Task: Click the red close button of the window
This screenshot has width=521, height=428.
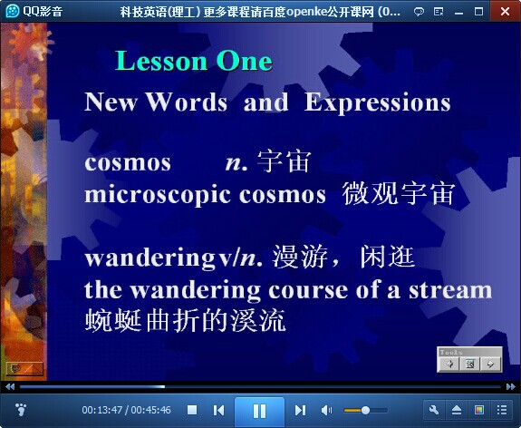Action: [x=505, y=11]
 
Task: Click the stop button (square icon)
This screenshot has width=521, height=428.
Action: [x=192, y=410]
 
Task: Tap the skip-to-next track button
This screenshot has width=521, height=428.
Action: [x=300, y=410]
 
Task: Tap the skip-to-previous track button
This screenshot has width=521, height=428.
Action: [x=218, y=410]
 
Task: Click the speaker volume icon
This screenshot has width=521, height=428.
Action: [x=326, y=410]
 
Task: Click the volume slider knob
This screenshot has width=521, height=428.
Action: [x=365, y=410]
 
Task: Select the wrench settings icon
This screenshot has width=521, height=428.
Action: [x=434, y=410]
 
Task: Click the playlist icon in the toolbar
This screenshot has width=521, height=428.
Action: [x=502, y=410]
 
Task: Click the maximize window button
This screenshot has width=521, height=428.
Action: [x=478, y=12]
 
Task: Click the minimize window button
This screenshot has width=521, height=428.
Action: [x=458, y=13]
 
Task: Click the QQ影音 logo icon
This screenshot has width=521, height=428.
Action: [x=13, y=11]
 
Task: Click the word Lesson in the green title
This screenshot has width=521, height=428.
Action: [x=161, y=61]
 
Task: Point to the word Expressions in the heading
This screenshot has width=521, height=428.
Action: [x=378, y=102]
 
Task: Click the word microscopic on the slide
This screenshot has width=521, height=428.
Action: [x=158, y=195]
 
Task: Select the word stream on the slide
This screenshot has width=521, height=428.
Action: [x=450, y=289]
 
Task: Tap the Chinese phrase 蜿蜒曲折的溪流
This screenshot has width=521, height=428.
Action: [x=185, y=320]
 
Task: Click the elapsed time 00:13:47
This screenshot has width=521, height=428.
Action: [x=102, y=410]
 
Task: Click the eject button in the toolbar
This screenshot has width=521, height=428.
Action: [x=457, y=410]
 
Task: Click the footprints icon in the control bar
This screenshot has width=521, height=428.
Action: [x=21, y=410]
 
